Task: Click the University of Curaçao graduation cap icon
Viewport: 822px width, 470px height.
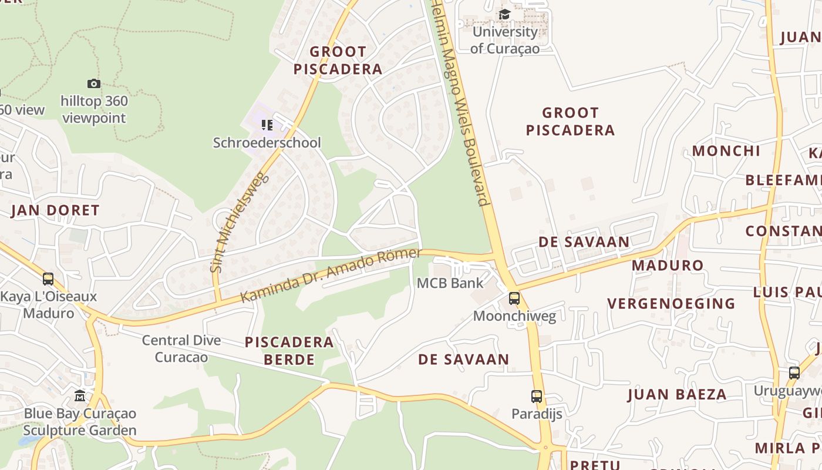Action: click(x=504, y=14)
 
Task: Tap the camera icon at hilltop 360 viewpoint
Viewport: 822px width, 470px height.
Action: click(x=93, y=84)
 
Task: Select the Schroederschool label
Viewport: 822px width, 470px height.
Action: click(x=267, y=143)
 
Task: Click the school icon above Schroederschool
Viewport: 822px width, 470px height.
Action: click(x=267, y=125)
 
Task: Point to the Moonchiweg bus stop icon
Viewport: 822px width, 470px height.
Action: click(x=514, y=298)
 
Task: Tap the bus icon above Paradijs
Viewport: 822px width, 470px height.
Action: click(x=537, y=397)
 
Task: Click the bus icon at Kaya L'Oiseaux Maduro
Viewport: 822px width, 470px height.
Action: click(x=48, y=279)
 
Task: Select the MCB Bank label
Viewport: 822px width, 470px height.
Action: click(x=450, y=283)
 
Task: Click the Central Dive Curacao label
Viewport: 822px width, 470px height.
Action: click(x=181, y=348)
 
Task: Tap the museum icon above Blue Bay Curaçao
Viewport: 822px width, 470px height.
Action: click(x=80, y=396)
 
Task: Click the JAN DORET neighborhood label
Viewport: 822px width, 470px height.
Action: click(x=55, y=210)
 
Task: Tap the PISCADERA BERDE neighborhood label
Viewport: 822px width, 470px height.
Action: click(x=289, y=351)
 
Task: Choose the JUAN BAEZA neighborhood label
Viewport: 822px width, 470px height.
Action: click(x=677, y=394)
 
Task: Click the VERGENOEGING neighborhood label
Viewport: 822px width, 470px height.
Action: click(x=671, y=304)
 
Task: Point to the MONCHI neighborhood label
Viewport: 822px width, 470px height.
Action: click(x=726, y=151)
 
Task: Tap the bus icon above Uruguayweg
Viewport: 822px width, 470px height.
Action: click(x=794, y=373)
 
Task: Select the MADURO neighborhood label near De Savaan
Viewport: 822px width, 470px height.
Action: click(x=668, y=266)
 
